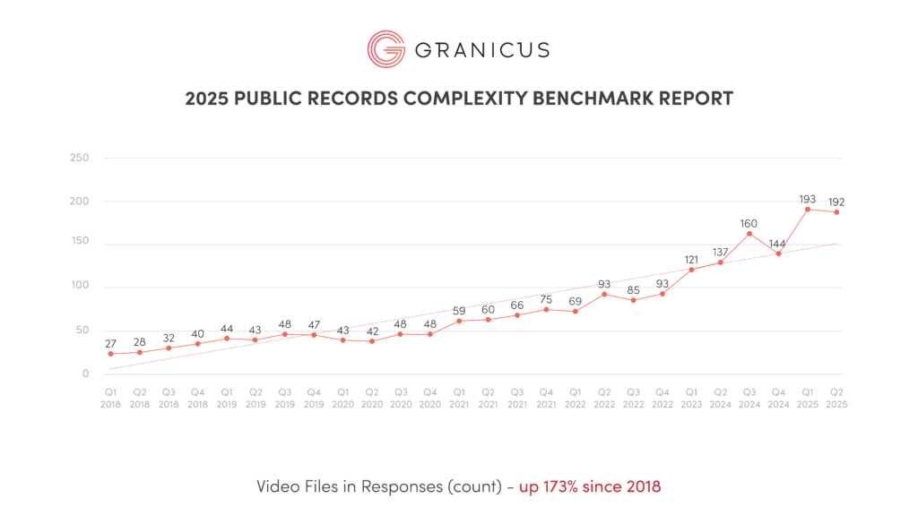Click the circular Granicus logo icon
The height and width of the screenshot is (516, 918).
385,48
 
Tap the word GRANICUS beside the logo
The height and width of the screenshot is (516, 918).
481,49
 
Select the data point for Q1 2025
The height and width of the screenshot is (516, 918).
808,210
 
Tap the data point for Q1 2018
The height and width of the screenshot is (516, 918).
110,354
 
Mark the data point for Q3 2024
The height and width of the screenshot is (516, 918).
749,234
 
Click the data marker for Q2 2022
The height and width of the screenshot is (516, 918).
604,294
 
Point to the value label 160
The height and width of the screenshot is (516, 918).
749,222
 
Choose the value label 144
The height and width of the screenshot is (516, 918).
778,243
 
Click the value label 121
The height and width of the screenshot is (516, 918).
691,260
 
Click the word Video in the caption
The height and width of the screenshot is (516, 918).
277,487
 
